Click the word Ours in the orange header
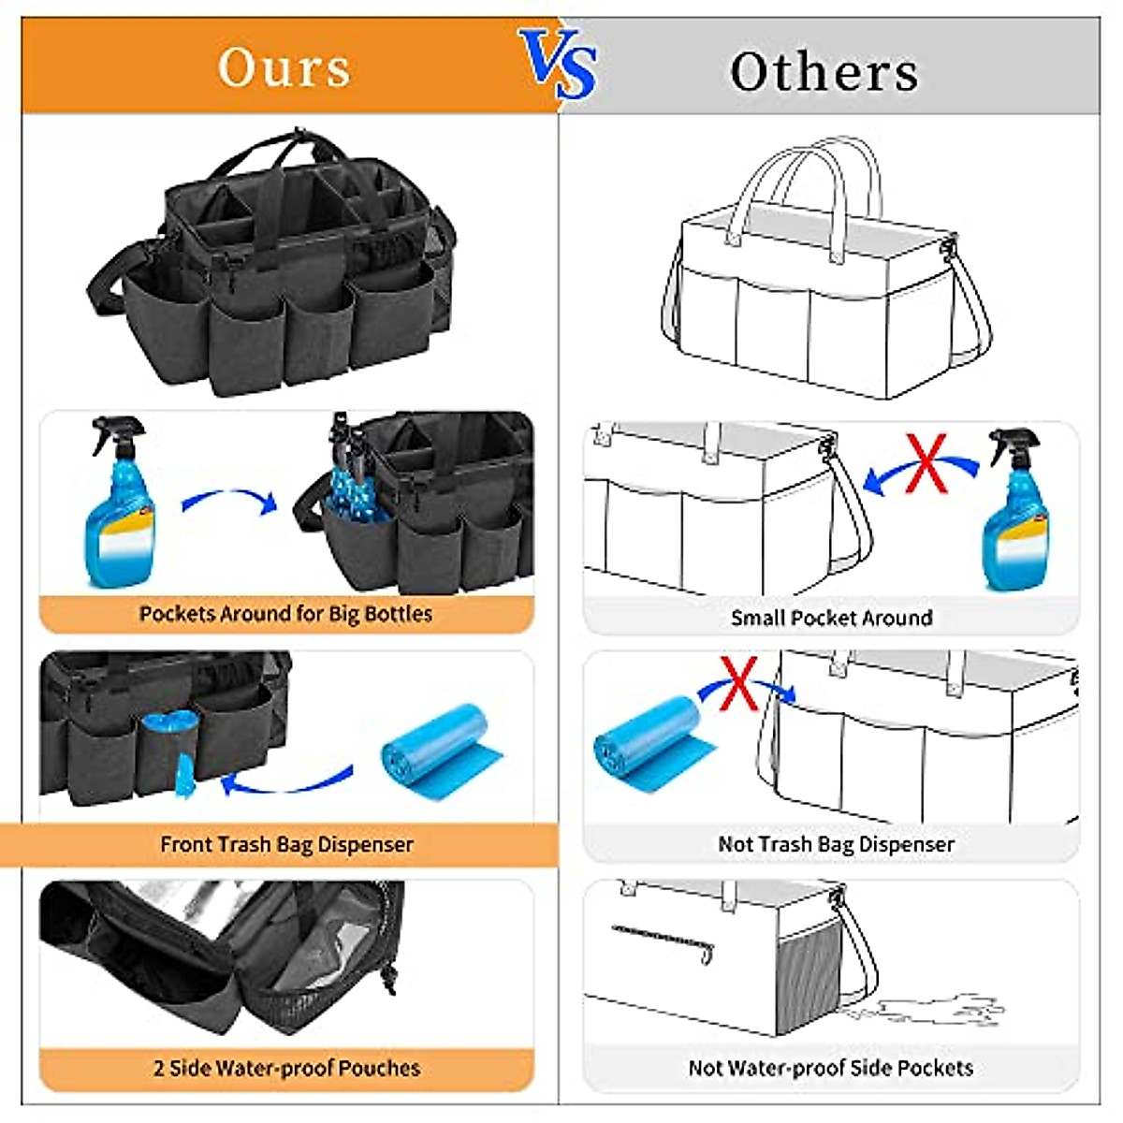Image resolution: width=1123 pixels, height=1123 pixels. click(x=284, y=67)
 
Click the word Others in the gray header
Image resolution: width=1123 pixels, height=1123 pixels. click(x=824, y=72)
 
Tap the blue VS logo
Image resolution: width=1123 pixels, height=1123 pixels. click(x=559, y=64)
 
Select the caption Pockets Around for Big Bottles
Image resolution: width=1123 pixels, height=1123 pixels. click(x=285, y=614)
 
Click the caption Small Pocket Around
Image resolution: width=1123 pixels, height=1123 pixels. click(x=831, y=618)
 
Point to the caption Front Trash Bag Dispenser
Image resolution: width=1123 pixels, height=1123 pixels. click(x=286, y=844)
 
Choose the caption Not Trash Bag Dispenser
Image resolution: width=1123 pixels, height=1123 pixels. click(x=836, y=844)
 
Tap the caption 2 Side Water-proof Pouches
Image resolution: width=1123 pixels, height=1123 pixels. click(x=286, y=1068)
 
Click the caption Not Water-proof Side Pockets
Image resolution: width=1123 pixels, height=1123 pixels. click(x=830, y=1068)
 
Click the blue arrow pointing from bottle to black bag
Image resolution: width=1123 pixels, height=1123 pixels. click(x=230, y=502)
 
